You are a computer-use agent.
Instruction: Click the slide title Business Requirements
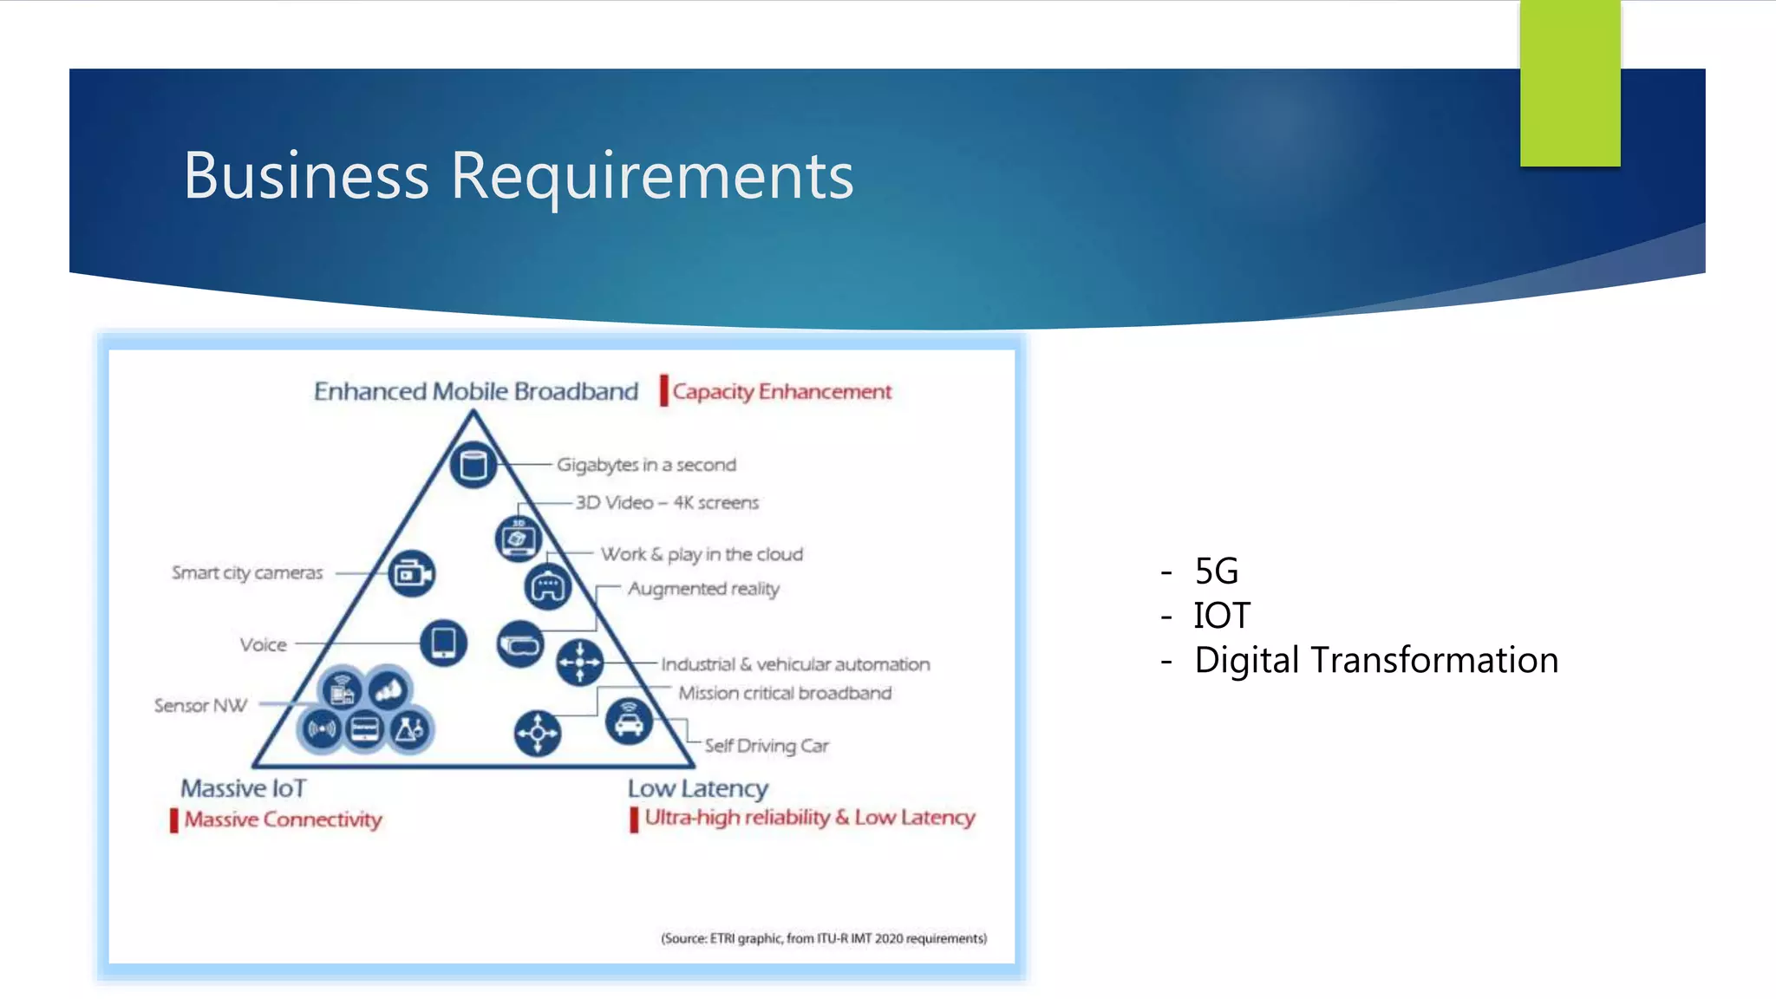519,176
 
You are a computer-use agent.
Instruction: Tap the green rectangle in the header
1570,83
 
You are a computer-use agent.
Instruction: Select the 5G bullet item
1216,571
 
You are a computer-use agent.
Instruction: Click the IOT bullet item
1221,616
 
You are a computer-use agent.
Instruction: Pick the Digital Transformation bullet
1375,660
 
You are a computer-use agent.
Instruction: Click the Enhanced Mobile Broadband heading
476,392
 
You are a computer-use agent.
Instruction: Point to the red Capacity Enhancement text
781,392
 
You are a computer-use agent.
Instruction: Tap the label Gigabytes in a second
646,465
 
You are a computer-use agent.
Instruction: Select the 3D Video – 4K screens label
667,503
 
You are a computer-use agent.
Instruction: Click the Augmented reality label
703,589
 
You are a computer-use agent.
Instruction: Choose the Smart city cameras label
247,573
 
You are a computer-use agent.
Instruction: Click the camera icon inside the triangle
412,574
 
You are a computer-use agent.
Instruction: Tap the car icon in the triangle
629,721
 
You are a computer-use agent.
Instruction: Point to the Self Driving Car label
767,746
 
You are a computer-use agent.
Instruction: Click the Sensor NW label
200,706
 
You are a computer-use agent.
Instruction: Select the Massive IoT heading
243,788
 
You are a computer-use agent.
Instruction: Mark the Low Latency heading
698,788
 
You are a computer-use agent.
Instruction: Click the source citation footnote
824,938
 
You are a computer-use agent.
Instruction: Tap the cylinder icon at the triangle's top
473,465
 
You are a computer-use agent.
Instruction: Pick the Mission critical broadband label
785,693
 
